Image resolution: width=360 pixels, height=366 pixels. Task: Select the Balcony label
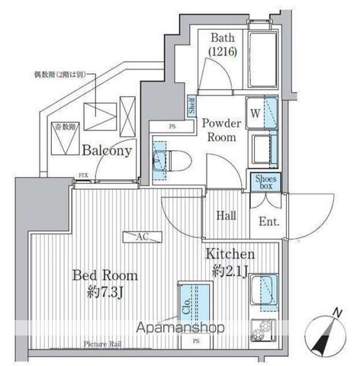(x=108, y=150)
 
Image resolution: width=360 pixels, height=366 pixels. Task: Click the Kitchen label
(x=230, y=262)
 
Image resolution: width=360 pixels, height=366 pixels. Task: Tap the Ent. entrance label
(x=268, y=223)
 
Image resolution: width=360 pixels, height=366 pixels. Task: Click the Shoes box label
(x=265, y=181)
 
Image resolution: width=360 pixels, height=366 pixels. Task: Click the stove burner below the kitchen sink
(x=265, y=334)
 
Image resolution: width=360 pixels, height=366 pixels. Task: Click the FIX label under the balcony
(x=82, y=175)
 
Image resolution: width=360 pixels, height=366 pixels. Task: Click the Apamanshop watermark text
(x=182, y=329)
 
